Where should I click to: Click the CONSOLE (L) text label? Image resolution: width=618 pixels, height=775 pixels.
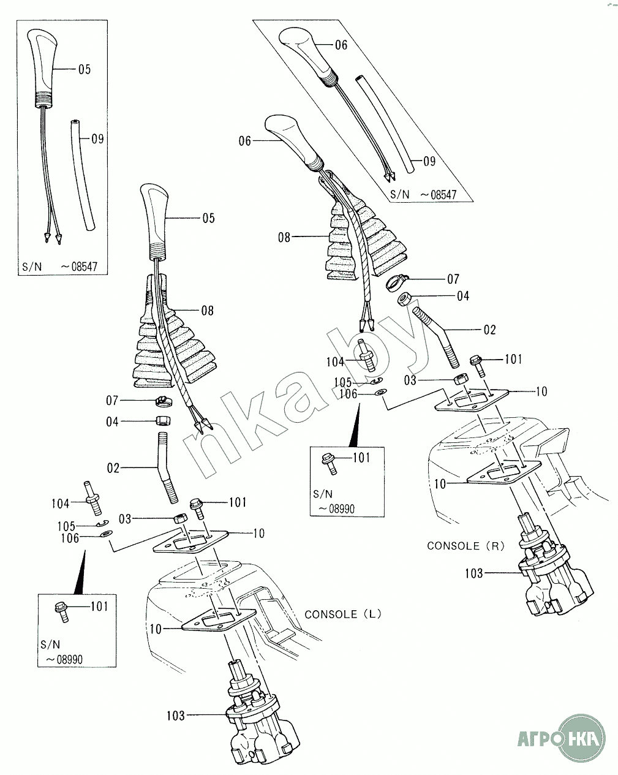tap(342, 614)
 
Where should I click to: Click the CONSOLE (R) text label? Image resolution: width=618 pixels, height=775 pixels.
tap(465, 546)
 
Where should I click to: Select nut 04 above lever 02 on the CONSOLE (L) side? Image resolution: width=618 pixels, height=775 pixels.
tap(162, 422)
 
